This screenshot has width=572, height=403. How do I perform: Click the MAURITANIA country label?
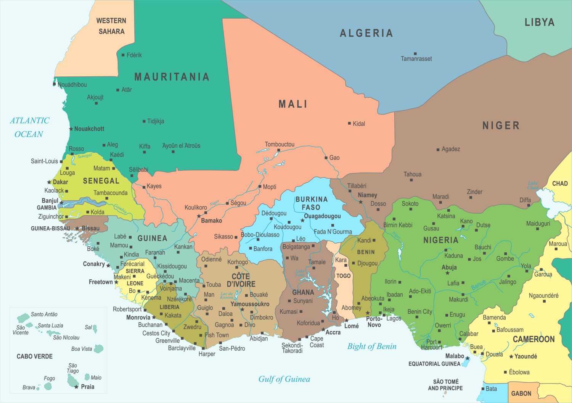172,77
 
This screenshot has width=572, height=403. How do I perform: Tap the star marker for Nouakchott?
71,129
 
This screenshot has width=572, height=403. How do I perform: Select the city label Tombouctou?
280,144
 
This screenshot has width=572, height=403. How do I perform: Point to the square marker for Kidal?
349,123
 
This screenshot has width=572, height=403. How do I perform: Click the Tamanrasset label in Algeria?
416,59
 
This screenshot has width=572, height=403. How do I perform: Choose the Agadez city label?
450,149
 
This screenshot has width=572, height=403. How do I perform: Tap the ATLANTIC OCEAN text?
29,127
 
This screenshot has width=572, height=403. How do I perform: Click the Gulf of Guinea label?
284,379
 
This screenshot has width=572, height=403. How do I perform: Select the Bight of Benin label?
372,346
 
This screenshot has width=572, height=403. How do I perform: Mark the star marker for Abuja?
447,273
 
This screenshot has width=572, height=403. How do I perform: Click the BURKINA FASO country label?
311,203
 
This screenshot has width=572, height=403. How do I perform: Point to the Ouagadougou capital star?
302,221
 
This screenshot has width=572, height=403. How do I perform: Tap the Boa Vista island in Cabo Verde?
99,348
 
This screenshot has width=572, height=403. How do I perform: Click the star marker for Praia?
76,387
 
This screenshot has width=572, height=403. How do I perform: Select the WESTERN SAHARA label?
111,26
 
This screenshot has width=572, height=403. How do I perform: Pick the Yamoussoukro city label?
250,304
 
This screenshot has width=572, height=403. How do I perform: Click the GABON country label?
521,393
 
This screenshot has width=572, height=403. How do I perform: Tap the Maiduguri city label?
538,224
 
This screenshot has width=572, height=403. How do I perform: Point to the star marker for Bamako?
199,216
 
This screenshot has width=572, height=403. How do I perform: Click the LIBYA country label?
539,22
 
